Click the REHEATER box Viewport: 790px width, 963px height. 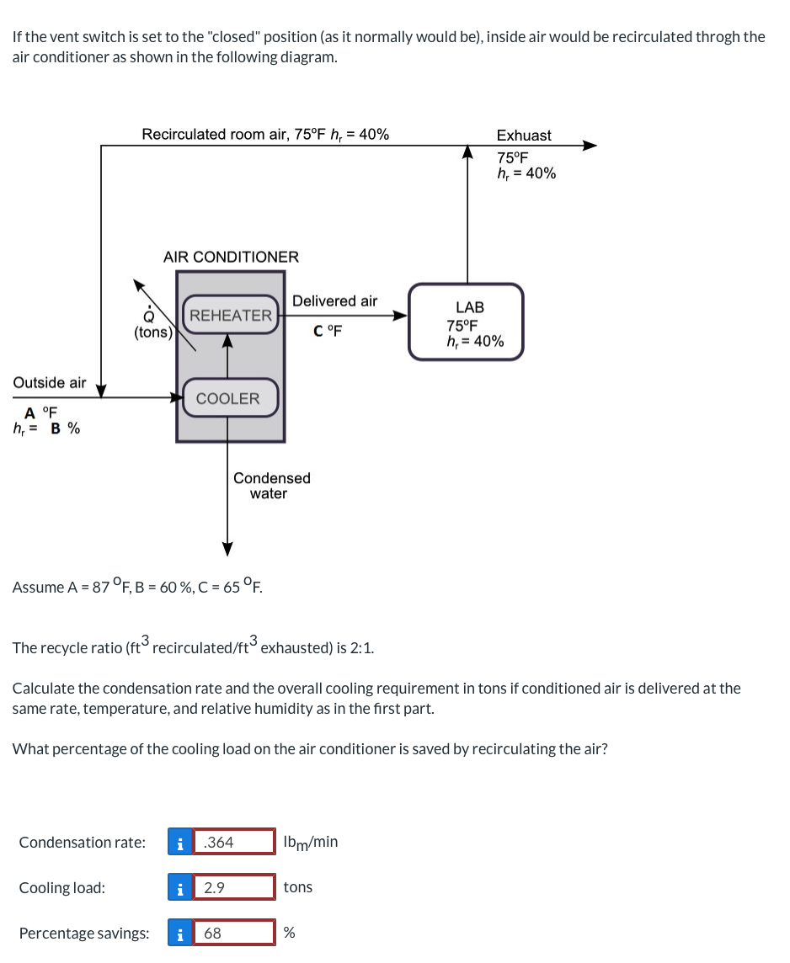point(231,316)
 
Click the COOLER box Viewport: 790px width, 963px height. point(228,398)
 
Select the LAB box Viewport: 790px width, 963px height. point(466,323)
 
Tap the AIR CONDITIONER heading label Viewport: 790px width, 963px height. point(231,257)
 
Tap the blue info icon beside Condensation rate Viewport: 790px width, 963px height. point(179,842)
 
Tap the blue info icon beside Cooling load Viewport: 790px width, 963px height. point(179,887)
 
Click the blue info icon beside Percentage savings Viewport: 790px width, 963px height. point(179,933)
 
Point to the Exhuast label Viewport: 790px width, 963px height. point(524,136)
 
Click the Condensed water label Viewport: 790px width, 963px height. point(271,486)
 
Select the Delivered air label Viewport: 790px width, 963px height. point(334,301)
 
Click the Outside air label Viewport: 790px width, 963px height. point(49,383)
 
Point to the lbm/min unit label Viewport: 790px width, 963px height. point(311,842)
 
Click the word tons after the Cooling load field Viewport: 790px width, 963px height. point(298,887)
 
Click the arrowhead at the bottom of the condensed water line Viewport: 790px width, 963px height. point(227,549)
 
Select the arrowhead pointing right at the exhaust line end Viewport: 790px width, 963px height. point(590,146)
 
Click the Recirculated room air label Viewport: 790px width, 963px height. point(265,135)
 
